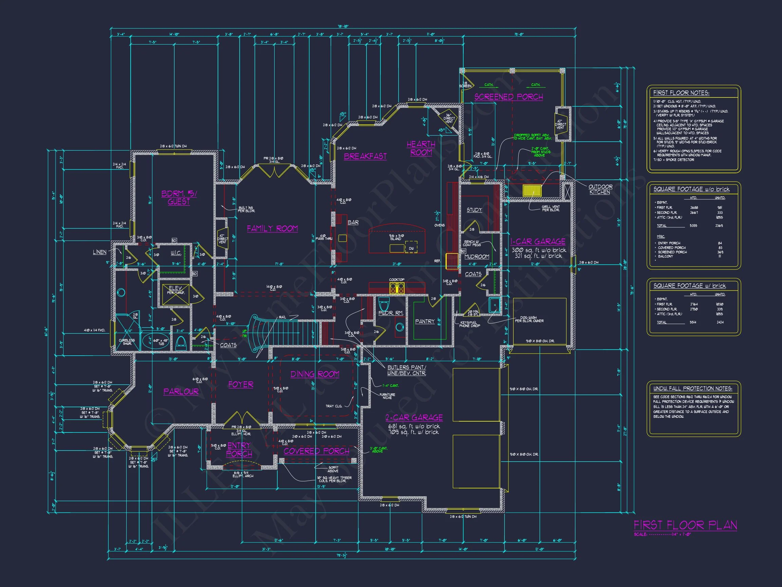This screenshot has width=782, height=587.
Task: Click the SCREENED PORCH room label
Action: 508,96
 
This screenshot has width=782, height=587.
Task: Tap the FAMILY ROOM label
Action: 272,229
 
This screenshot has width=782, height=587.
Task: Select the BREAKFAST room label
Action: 365,156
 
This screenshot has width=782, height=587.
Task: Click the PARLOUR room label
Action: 181,391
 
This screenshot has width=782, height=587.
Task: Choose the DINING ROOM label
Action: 315,374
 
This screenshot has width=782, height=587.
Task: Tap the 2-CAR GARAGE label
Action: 414,417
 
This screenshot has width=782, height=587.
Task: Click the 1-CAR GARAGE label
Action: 538,242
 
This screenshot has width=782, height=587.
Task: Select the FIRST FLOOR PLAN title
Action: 685,525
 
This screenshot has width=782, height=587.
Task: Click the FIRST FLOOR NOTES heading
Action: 681,93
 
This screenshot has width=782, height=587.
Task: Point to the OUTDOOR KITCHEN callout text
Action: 600,189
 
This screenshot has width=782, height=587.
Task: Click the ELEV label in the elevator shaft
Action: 175,288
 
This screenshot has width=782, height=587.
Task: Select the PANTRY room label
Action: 425,321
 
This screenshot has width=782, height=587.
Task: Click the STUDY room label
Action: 474,210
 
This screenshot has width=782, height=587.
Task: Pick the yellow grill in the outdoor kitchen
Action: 532,191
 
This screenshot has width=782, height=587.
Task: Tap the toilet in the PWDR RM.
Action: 384,304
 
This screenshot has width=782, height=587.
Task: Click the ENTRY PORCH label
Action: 239,449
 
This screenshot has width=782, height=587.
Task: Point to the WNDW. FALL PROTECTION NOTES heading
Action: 692,389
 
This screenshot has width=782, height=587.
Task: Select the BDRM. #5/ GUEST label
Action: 179,197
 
